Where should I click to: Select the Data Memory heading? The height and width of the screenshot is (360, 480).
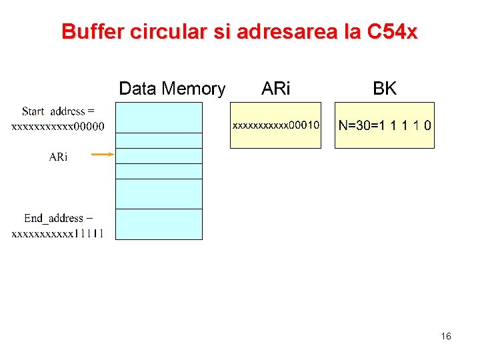coord(172,89)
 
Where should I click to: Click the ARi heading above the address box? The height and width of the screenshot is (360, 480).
coord(276,89)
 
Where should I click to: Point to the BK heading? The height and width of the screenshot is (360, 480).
coord(385,89)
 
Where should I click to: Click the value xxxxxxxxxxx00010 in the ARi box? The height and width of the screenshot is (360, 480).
coord(275,125)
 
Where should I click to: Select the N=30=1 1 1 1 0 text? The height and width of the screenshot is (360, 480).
coord(385,125)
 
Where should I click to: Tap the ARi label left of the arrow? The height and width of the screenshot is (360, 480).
coord(58,157)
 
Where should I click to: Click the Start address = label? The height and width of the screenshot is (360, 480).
coord(58,111)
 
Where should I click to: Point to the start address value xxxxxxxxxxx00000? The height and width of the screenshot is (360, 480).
coord(58,127)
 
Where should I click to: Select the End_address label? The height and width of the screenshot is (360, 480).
coord(58,218)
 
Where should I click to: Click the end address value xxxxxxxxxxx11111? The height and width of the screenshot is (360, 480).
coord(58,233)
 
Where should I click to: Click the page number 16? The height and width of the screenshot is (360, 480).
coord(446,337)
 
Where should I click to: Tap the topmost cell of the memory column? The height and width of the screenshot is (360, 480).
coord(159,117)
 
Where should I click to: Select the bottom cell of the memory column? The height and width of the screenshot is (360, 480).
coord(159,224)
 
